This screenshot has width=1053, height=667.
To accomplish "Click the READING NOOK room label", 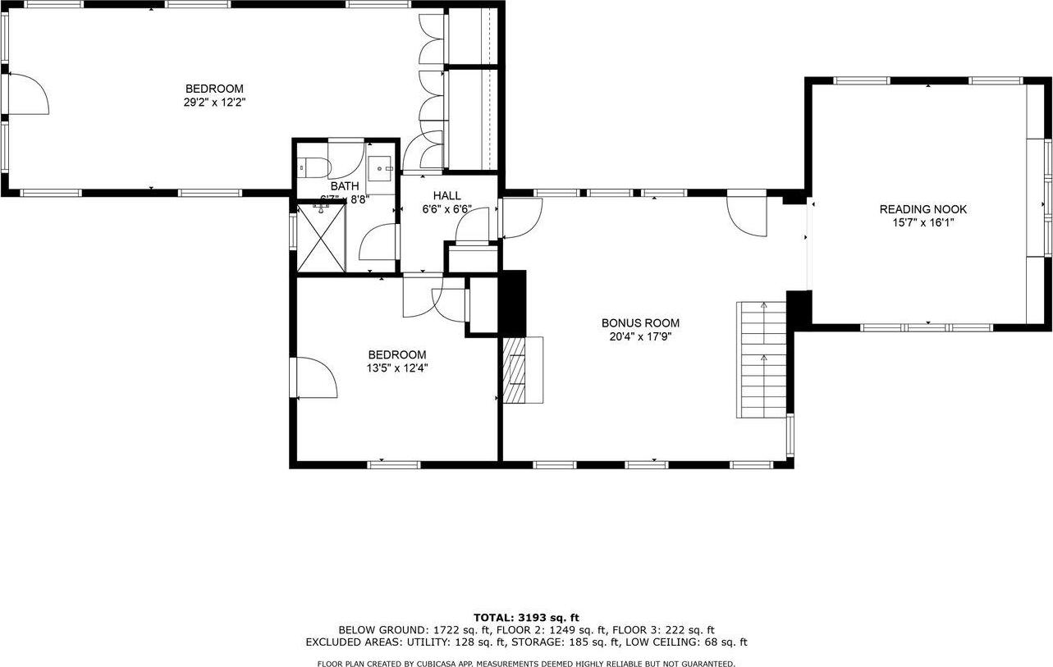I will pyautogui.click(x=923, y=209).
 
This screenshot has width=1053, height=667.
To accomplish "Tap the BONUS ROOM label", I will pyautogui.click(x=640, y=323).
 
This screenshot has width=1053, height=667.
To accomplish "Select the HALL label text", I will pyautogui.click(x=447, y=195).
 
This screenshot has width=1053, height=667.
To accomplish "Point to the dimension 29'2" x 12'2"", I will pyautogui.click(x=214, y=103).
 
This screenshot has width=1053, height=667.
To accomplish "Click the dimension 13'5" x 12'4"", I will pyautogui.click(x=397, y=368).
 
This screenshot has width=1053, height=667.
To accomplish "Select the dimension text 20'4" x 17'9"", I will pyautogui.click(x=640, y=336).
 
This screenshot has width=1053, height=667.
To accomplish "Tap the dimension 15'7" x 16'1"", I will pyautogui.click(x=923, y=222).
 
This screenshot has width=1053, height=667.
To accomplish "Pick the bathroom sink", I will pyautogui.click(x=380, y=168).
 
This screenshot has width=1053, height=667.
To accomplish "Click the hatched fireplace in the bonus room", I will pyautogui.click(x=517, y=370).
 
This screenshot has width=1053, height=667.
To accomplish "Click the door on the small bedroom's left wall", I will pyautogui.click(x=316, y=377).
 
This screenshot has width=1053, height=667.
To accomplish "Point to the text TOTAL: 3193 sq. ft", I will pyautogui.click(x=526, y=617).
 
